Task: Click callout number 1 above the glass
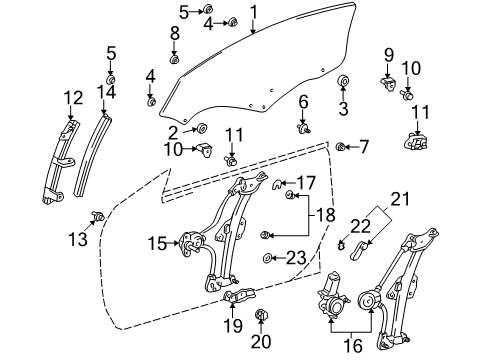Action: [253, 12]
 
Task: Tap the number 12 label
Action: [71, 97]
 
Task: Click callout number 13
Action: [79, 238]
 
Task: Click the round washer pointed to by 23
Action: [269, 259]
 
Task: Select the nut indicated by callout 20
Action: [262, 317]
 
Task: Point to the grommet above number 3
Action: [343, 81]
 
